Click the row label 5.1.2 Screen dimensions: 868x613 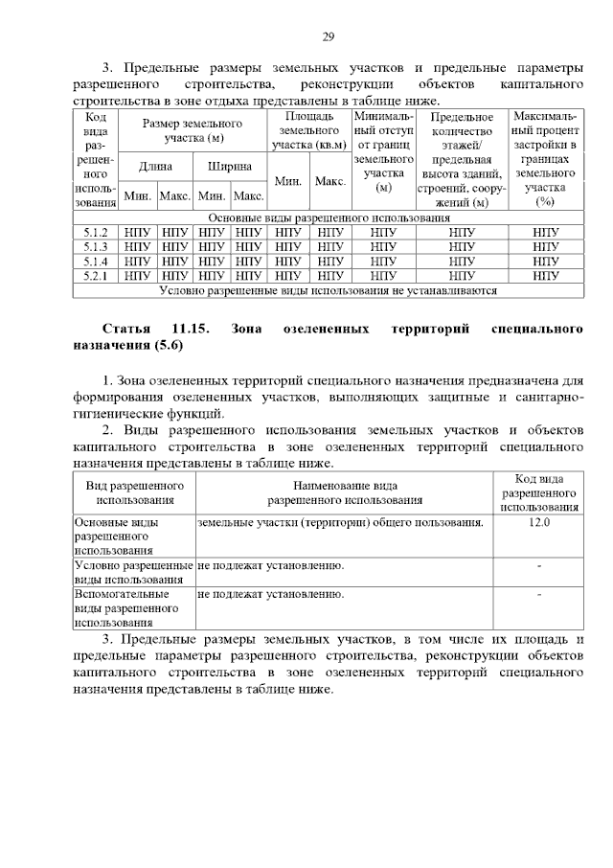click(96, 233)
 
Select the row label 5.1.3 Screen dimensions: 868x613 click(96, 247)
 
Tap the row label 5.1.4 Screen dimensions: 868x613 click(96, 262)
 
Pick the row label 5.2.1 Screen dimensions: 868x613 click(96, 276)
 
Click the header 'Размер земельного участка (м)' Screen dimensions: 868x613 click(192, 131)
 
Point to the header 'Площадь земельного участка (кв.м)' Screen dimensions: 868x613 click(307, 130)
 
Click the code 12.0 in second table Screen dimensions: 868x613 click(538, 523)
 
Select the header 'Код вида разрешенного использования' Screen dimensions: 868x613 click(538, 492)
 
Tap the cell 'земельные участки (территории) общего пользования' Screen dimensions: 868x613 click(340, 523)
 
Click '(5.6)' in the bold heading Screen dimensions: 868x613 click(166, 345)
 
